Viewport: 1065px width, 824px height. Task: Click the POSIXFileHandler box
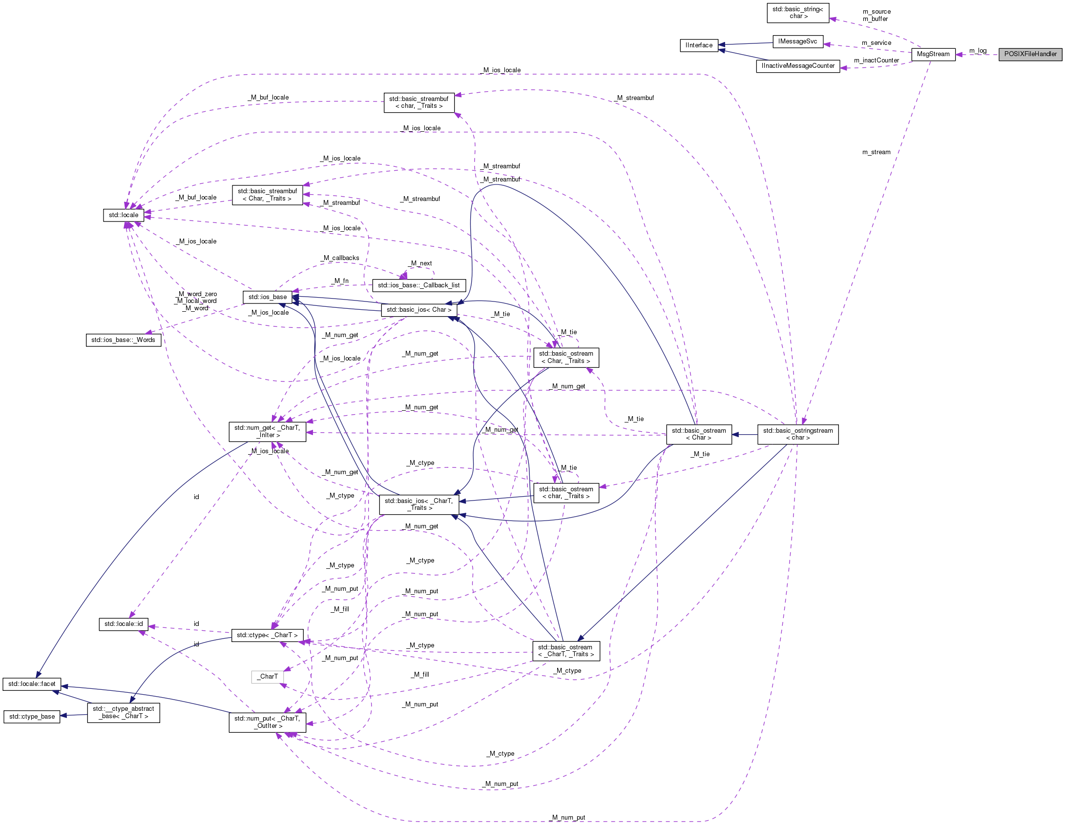click(x=1030, y=54)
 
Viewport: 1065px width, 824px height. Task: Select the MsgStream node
click(x=933, y=54)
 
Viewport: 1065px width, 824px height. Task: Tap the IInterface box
click(x=699, y=45)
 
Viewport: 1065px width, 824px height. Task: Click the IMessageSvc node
click(x=797, y=41)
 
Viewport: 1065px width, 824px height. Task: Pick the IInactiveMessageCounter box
click(x=798, y=66)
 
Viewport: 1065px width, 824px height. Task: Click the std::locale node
click(x=124, y=215)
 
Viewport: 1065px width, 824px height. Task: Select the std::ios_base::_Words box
click(x=123, y=340)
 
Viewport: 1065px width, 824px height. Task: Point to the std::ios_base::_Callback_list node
click(x=418, y=285)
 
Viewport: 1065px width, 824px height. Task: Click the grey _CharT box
click(x=267, y=677)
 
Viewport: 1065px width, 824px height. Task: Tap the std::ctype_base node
click(x=32, y=717)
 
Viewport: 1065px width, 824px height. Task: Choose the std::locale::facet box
click(x=32, y=684)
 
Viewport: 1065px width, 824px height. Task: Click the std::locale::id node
click(x=124, y=624)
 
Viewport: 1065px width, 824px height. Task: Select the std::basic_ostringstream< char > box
click(x=797, y=434)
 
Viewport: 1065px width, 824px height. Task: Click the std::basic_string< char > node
click(x=797, y=13)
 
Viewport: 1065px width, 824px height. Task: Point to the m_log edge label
click(x=978, y=51)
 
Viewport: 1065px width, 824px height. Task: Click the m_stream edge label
click(x=876, y=152)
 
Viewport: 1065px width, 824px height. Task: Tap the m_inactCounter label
click(x=876, y=60)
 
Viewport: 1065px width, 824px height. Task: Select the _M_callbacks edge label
click(x=341, y=258)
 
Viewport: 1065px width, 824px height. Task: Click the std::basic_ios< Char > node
click(x=418, y=310)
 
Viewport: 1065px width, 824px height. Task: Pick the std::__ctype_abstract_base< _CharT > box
click(x=123, y=712)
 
